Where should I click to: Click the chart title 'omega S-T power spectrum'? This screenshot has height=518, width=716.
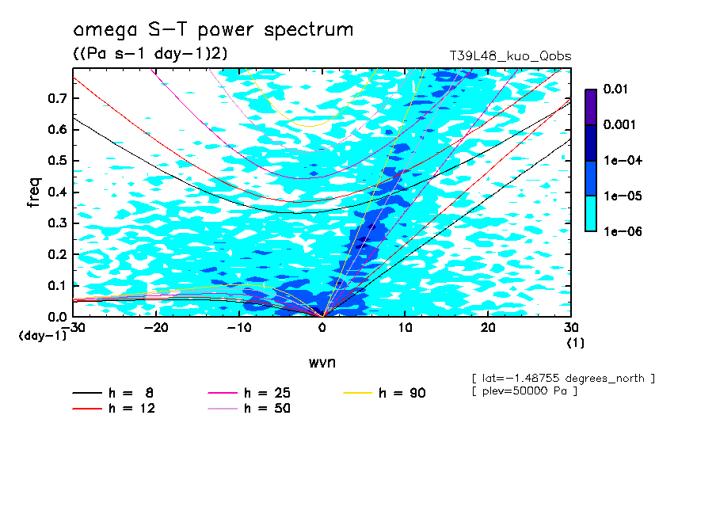coord(212,31)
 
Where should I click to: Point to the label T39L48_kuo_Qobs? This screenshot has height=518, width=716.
coord(510,56)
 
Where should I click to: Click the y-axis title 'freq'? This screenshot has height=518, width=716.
coord(34,192)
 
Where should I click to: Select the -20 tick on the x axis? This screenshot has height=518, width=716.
coord(156,327)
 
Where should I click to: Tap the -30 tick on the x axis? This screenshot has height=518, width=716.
coord(73,327)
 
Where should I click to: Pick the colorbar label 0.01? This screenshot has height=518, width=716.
coord(615,90)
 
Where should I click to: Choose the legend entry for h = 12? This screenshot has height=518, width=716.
coord(113,409)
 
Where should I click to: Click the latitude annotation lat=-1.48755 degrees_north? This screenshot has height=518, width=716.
coord(562,378)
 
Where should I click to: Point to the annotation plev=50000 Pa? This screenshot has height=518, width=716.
coord(523,392)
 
